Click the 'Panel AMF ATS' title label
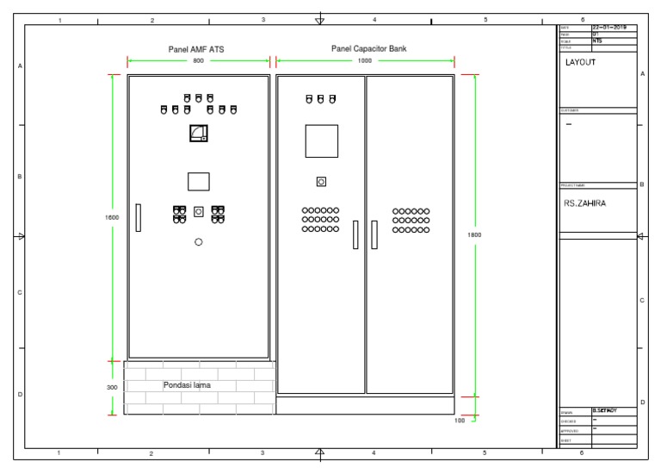tap(199, 50)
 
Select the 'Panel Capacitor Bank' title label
tap(368, 49)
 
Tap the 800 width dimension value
tap(199, 62)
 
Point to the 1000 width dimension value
tap(366, 62)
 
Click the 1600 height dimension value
tap(112, 217)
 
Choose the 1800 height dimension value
tap(474, 234)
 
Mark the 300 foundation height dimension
tap(112, 388)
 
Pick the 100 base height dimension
tap(460, 421)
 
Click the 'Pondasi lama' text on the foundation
tap(187, 385)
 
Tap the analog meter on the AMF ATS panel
tap(199, 133)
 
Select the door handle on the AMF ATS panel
tap(138, 217)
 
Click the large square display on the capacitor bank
tap(321, 140)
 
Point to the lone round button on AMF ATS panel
tap(199, 243)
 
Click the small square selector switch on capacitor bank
tap(321, 182)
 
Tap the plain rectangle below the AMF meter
tap(199, 181)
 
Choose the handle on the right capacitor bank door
tap(374, 234)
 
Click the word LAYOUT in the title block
tap(580, 63)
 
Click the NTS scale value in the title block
tap(597, 41)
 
